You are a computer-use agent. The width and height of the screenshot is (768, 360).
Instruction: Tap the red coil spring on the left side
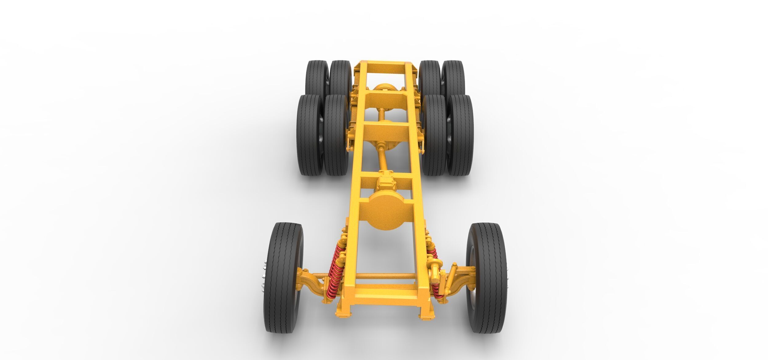[x=335, y=267]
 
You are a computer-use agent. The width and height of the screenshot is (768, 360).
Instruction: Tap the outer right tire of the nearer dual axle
[x=460, y=135]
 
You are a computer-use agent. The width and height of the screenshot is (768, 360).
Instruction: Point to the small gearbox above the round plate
[x=385, y=184]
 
